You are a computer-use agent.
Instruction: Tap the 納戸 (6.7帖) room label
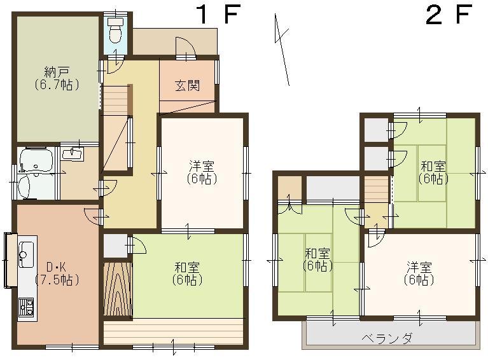(x=57, y=78)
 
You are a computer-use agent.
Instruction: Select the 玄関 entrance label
(x=188, y=85)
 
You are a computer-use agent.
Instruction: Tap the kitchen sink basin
(x=27, y=257)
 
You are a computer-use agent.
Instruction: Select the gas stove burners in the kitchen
(x=27, y=308)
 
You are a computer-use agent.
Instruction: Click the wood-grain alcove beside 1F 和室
(x=118, y=289)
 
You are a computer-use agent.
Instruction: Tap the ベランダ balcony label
(x=386, y=338)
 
